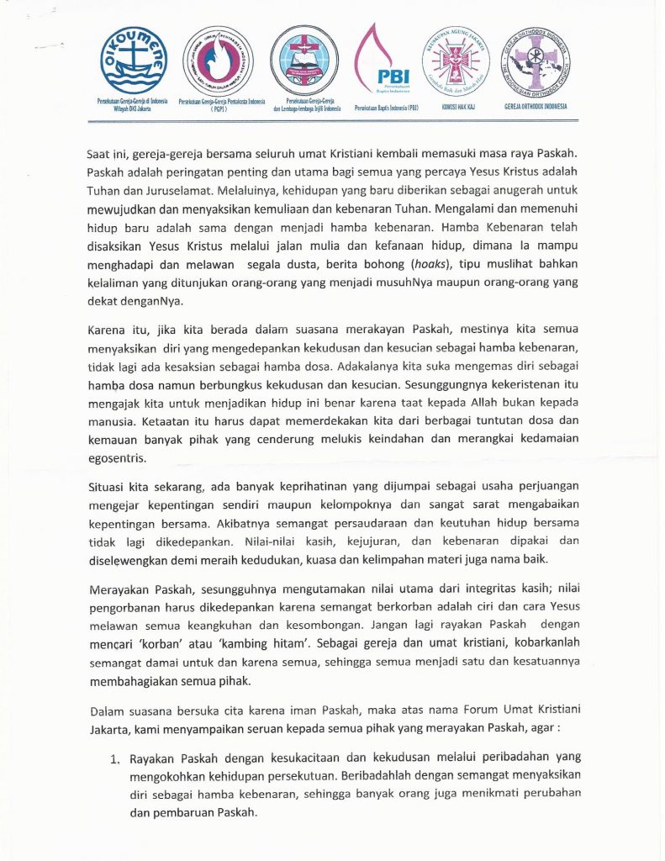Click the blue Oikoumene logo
tap(133, 60)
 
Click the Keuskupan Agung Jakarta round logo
tap(458, 60)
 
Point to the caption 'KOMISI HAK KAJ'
tap(459, 107)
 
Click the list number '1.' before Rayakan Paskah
tap(115, 759)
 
